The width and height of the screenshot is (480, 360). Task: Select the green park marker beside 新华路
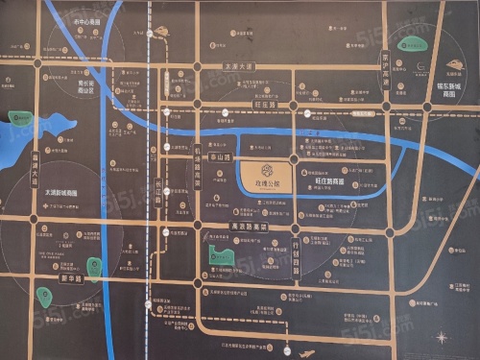[93, 267]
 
